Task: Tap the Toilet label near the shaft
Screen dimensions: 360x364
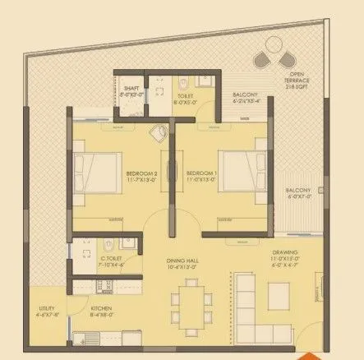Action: click(184, 99)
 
